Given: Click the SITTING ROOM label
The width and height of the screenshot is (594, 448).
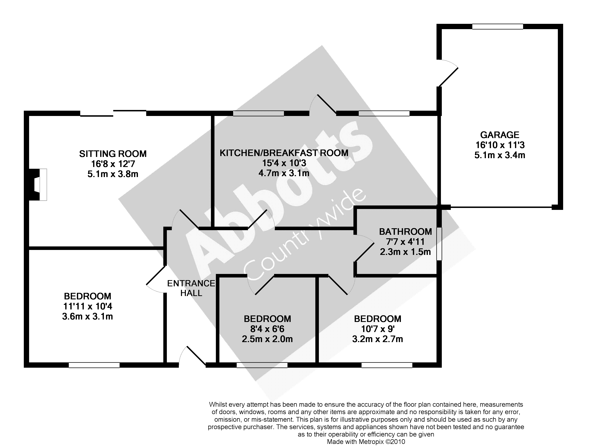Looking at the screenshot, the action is [113, 154].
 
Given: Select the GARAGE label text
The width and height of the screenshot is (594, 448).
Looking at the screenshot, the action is [500, 135].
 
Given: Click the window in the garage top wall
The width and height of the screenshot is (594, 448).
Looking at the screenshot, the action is [498, 27].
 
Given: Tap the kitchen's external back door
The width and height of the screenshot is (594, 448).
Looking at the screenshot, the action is [323, 104].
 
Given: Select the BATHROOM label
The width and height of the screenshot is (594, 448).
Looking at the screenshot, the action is [405, 232].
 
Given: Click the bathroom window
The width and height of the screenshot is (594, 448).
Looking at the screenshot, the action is [439, 244].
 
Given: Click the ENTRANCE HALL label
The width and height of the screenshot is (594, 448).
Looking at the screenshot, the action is [191, 288].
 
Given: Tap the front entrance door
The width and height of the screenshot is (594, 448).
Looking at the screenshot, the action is [192, 356].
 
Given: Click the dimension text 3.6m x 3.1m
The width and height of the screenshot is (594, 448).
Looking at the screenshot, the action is [87, 316].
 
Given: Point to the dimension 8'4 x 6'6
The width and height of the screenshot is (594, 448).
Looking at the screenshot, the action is [267, 329].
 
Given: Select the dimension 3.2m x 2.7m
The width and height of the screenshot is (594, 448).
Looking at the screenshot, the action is [378, 339].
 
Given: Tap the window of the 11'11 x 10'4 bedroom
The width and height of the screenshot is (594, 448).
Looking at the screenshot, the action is [94, 365].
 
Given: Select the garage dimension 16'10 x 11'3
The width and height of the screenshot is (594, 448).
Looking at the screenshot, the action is [500, 145].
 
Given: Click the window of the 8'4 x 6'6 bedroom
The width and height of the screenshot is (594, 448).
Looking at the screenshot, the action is [262, 365].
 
